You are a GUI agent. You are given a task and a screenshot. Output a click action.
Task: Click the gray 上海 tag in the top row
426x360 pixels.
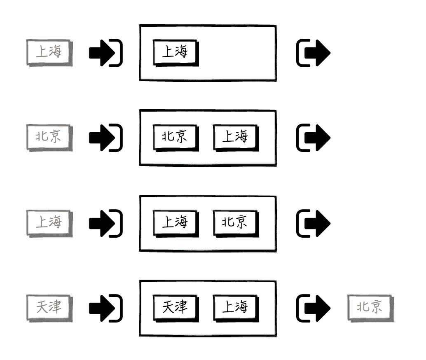coord(49,52)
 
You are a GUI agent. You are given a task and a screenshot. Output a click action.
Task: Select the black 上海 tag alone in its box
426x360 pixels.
coord(175,52)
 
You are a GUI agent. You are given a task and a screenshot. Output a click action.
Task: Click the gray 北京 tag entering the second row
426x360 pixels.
coord(49,137)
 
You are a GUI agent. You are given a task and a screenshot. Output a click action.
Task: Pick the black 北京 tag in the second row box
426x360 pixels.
coord(175,137)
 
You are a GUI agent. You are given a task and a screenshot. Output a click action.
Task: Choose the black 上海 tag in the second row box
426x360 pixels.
coord(235,137)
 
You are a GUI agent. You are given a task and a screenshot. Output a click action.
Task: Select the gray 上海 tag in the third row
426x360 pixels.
coord(49,222)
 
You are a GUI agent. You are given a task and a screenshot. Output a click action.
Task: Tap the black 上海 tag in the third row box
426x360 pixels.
coord(175,222)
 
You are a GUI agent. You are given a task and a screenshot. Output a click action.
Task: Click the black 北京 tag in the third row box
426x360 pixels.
coord(235,222)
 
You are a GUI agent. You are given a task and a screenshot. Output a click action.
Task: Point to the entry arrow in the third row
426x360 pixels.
coord(105,223)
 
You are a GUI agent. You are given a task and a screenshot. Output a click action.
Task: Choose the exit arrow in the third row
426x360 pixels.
coord(313,223)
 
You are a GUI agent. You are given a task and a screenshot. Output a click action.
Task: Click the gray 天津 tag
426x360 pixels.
coord(49,307)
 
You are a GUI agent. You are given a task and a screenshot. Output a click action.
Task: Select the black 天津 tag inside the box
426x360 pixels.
coord(175,307)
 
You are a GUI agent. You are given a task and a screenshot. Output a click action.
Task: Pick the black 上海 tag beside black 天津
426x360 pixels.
coord(235,307)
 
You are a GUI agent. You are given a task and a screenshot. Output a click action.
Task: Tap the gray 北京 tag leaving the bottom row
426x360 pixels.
coord(370,307)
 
